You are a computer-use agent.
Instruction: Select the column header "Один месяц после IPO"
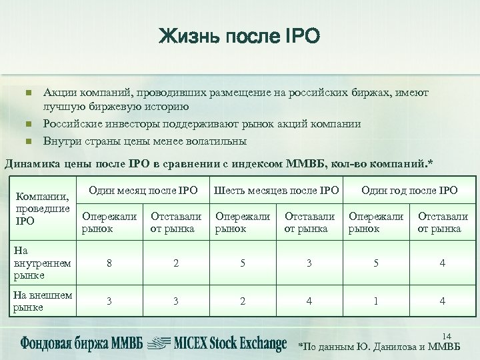tap(143, 191)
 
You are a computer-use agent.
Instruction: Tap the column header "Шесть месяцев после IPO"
tap(276, 191)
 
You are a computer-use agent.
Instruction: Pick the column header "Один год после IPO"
tap(409, 191)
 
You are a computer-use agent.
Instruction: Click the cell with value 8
tap(109, 263)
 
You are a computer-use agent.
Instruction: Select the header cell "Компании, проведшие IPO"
tap(41, 207)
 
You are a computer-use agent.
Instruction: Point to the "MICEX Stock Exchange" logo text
tap(230, 344)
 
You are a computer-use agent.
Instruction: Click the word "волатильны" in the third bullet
tap(219, 141)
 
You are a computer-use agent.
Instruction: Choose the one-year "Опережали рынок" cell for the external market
tap(376, 301)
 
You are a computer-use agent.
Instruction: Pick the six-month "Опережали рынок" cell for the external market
tap(243, 301)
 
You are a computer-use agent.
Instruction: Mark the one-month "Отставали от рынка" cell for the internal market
tap(176, 263)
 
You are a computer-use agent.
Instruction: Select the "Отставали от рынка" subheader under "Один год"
tap(443, 222)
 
